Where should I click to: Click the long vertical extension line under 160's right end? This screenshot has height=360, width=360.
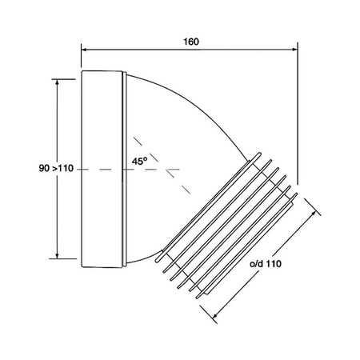coord(298,120)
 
